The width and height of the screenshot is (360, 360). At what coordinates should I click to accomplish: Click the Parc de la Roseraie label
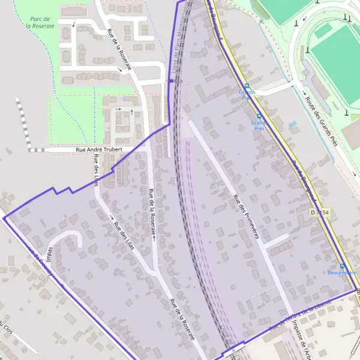[x=40, y=22]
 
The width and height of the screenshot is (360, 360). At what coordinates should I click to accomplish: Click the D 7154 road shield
[x=320, y=212]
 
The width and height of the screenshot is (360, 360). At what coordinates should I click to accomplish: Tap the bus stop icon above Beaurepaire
[x=342, y=266]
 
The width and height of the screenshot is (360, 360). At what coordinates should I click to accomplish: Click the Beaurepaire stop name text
[x=342, y=273]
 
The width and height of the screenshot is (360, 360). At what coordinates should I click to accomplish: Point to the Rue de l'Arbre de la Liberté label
[x=300, y=317]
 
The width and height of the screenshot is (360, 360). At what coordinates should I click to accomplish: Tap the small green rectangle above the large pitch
[x=324, y=29]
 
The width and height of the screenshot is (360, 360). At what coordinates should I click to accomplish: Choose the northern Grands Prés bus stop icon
[x=246, y=86]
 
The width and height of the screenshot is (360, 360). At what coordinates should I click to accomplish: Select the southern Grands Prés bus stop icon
[x=259, y=116]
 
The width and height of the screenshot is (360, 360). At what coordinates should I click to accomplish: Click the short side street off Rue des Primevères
[x=277, y=240]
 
